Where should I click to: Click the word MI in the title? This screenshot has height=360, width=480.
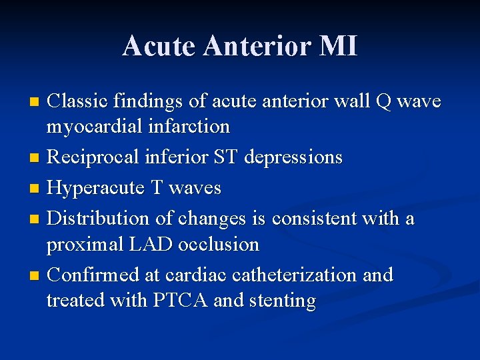click(339, 46)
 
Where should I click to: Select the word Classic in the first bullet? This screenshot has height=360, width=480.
click(78, 101)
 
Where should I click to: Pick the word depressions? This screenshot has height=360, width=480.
click(293, 158)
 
